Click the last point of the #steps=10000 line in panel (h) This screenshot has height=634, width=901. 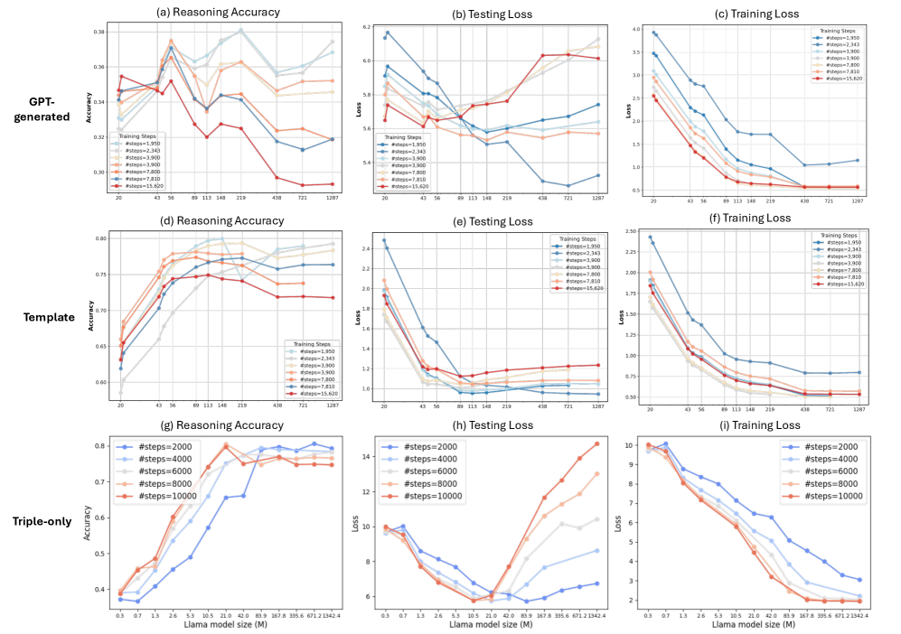click(x=596, y=443)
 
